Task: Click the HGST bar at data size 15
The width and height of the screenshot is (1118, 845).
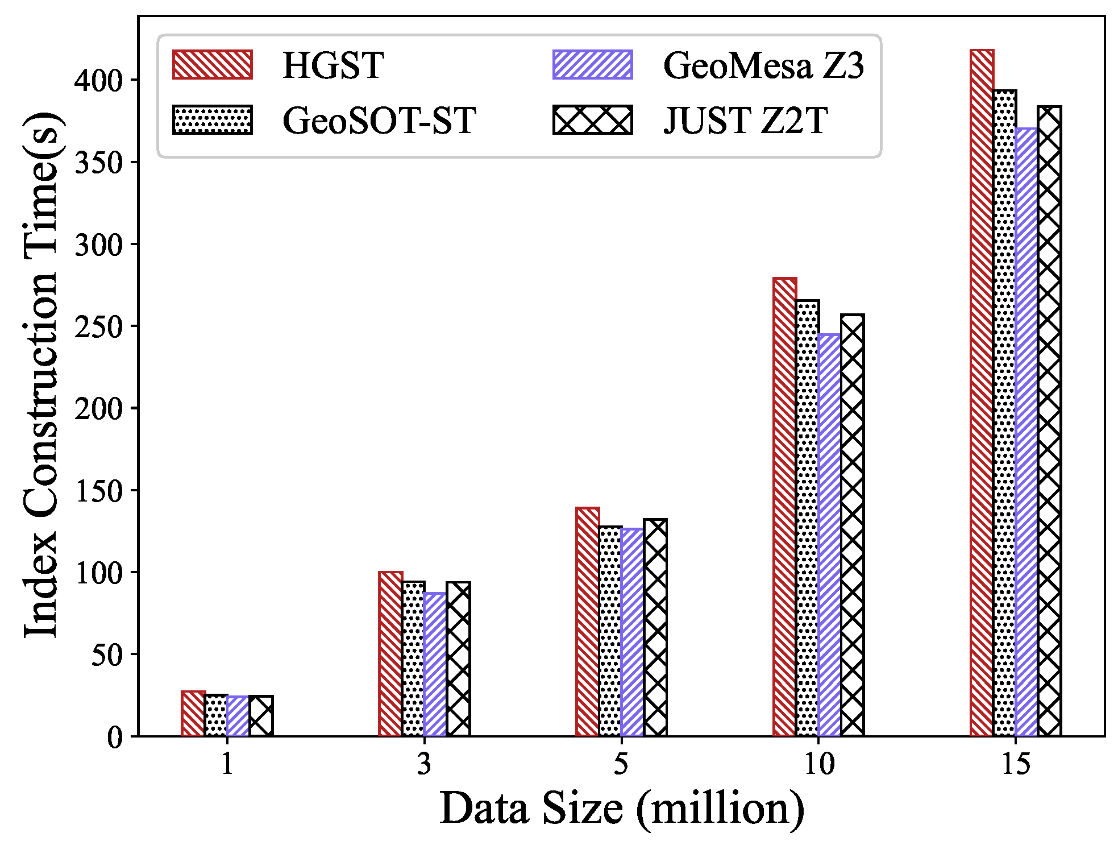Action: pyautogui.click(x=982, y=392)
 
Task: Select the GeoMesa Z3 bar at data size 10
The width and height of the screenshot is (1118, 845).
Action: pyautogui.click(x=829, y=535)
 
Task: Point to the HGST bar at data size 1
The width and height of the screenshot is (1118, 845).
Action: pyautogui.click(x=193, y=714)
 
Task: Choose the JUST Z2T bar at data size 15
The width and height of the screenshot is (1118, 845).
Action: pyautogui.click(x=1049, y=421)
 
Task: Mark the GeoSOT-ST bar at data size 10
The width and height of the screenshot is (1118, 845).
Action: pyautogui.click(x=807, y=517)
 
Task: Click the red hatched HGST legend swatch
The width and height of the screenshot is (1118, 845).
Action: pyautogui.click(x=212, y=65)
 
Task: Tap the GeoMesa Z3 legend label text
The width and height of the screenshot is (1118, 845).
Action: pyautogui.click(x=763, y=66)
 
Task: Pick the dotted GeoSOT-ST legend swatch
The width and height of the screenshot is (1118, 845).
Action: pyautogui.click(x=212, y=120)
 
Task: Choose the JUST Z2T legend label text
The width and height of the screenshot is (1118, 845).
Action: pyautogui.click(x=745, y=121)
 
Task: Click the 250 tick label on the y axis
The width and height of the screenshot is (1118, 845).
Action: pyautogui.click(x=98, y=327)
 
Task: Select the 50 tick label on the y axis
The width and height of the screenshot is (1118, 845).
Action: pyautogui.click(x=106, y=655)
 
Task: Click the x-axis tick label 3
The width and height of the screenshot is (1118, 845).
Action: pyautogui.click(x=424, y=765)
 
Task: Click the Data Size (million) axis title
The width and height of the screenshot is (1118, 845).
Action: pyautogui.click(x=621, y=809)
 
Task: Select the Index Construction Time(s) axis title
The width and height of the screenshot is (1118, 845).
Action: pyautogui.click(x=41, y=375)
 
